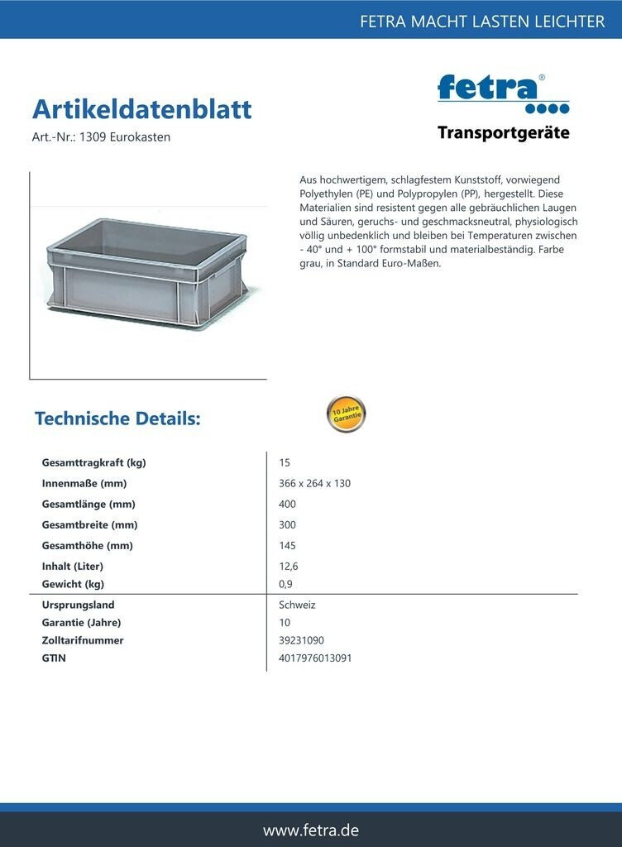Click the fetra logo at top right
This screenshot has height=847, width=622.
[x=502, y=93]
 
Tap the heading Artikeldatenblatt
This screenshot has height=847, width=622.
[x=141, y=109]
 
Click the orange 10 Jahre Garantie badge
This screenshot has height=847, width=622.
[x=346, y=414]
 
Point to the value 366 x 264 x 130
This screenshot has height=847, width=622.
[x=314, y=483]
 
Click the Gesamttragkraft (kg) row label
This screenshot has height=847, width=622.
[x=93, y=462]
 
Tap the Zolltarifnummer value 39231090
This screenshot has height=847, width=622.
[x=301, y=640]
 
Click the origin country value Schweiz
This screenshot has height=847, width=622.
[x=297, y=605]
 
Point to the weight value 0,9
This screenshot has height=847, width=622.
[x=286, y=584]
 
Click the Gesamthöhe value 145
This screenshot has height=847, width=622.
[x=287, y=545]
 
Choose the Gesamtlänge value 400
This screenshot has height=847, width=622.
[x=287, y=504]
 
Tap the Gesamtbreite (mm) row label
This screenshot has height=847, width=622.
[x=89, y=524]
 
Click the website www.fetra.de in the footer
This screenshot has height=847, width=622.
[x=311, y=830]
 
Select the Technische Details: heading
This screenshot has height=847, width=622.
[x=117, y=419]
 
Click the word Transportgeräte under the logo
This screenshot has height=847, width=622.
[x=503, y=132]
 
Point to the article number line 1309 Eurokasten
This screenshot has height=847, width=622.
[x=101, y=137]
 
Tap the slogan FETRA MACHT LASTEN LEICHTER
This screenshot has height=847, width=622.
[x=482, y=22]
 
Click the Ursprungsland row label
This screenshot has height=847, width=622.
[x=78, y=605]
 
